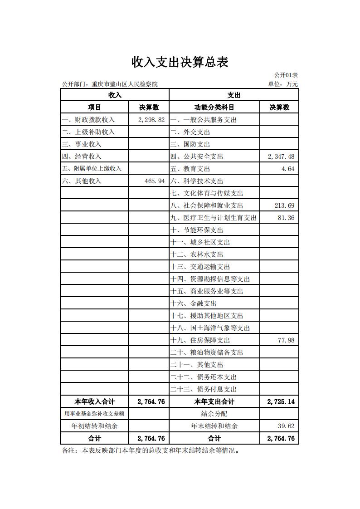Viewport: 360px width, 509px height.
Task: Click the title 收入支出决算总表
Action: click(x=180, y=62)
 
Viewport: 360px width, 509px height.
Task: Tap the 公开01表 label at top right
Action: click(x=286, y=75)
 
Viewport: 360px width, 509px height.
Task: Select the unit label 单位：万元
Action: click(x=283, y=84)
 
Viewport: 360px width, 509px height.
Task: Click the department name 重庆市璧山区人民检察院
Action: click(x=125, y=84)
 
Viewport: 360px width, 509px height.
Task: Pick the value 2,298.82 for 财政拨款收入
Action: click(x=150, y=120)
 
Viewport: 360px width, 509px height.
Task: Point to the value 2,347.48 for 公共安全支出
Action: click(x=281, y=157)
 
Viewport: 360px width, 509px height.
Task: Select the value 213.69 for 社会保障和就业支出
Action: click(x=284, y=206)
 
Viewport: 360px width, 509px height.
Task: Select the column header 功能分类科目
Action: click(x=214, y=108)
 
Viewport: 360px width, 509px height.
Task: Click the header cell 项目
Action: click(x=94, y=108)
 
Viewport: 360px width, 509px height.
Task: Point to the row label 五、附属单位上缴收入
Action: click(x=92, y=169)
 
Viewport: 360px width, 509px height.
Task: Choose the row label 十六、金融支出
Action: click(x=194, y=303)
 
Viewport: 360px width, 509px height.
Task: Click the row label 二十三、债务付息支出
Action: click(x=204, y=389)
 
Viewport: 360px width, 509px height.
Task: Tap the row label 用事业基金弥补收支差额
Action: click(x=94, y=414)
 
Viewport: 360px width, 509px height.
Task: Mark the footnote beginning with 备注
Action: click(x=150, y=451)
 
